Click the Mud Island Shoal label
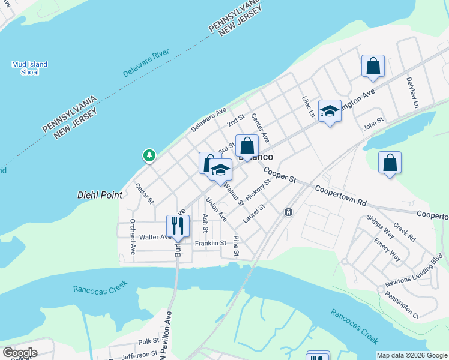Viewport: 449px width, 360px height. [x=29, y=68]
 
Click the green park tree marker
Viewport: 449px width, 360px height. [x=149, y=156]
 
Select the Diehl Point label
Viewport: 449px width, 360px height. [x=100, y=195]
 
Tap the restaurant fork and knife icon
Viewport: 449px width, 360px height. [x=178, y=226]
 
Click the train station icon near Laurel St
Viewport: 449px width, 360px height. [x=289, y=212]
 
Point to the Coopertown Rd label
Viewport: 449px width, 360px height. [x=340, y=196]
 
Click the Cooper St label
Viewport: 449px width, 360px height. [x=280, y=175]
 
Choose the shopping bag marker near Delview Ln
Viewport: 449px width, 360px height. [x=373, y=66]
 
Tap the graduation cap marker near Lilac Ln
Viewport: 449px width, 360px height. [x=329, y=111]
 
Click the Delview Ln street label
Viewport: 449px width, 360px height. [x=412, y=92]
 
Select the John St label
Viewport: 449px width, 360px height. [x=373, y=127]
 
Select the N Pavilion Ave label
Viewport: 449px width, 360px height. [x=168, y=337]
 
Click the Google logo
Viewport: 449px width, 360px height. [x=20, y=353]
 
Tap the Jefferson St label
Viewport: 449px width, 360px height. [x=139, y=355]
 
